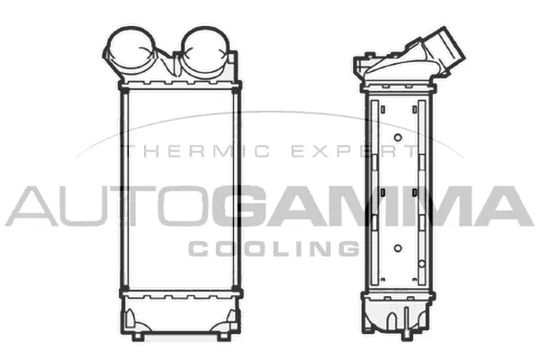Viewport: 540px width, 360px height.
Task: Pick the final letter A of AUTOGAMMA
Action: pos(505,206)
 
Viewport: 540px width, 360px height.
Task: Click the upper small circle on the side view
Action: pos(398,138)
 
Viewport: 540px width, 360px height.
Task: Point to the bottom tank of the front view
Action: pos(181,315)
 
